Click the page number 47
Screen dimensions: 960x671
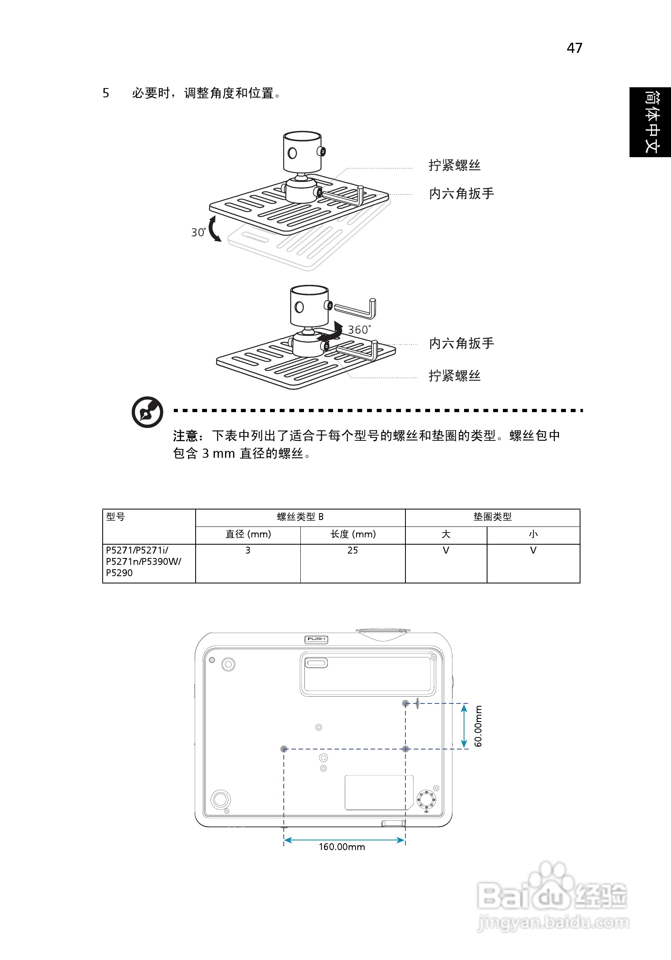tap(574, 48)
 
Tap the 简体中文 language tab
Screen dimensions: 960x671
tap(650, 122)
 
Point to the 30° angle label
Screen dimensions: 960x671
tap(198, 232)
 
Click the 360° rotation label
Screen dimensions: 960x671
tap(359, 329)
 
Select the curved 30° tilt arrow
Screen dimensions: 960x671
tap(214, 229)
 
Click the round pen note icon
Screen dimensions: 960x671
tap(147, 412)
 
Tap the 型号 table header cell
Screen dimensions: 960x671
tap(116, 517)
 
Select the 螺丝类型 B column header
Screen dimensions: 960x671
tap(300, 517)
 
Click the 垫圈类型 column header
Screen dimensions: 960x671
tap(492, 517)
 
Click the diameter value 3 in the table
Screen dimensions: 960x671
tap(248, 550)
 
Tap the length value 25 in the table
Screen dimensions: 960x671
tap(352, 550)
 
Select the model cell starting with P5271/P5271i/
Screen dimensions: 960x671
tap(143, 561)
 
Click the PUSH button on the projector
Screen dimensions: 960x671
tap(316, 639)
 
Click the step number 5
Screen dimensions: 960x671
tap(106, 93)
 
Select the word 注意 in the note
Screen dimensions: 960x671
tap(185, 436)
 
